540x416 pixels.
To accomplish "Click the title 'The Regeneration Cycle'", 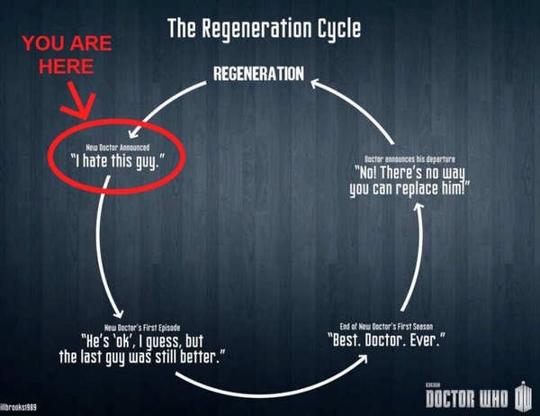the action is coord(264,28).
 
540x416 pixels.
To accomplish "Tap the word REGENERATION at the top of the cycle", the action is coord(258,74).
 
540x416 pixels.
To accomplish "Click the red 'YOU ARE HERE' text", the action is coord(67,54).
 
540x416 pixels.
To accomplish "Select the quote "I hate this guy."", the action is coord(117,161).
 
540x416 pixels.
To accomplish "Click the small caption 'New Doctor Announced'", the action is coord(117,148).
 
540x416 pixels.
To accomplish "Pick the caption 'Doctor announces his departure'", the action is coord(409,159).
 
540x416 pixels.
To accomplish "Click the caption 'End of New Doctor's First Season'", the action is coord(386,326).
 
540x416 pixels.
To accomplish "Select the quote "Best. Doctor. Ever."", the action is coord(386,340).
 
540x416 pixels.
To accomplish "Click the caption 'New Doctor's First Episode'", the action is coord(142,328).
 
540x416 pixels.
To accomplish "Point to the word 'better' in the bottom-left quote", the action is coord(198,357).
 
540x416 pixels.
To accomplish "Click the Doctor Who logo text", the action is coord(466,399).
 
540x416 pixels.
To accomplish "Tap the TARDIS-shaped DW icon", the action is coord(523,396).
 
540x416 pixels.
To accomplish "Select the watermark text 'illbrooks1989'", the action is coord(18,407).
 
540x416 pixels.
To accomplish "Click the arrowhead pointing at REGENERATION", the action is coord(315,84).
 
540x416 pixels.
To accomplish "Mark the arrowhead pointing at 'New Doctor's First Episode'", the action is coord(119,313).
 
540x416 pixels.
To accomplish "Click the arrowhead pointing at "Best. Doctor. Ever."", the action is coord(363,358).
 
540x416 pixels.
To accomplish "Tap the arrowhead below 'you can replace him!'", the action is coord(418,207).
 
